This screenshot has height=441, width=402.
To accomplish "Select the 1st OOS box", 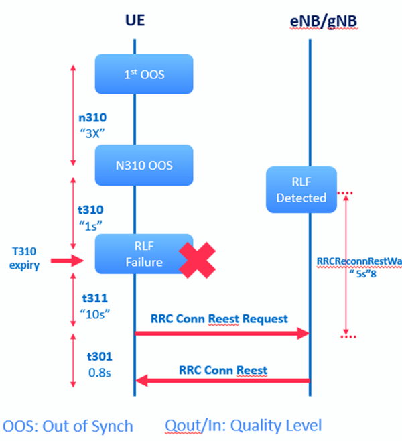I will click(x=143, y=74).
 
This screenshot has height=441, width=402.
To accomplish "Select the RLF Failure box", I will click(x=143, y=253).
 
